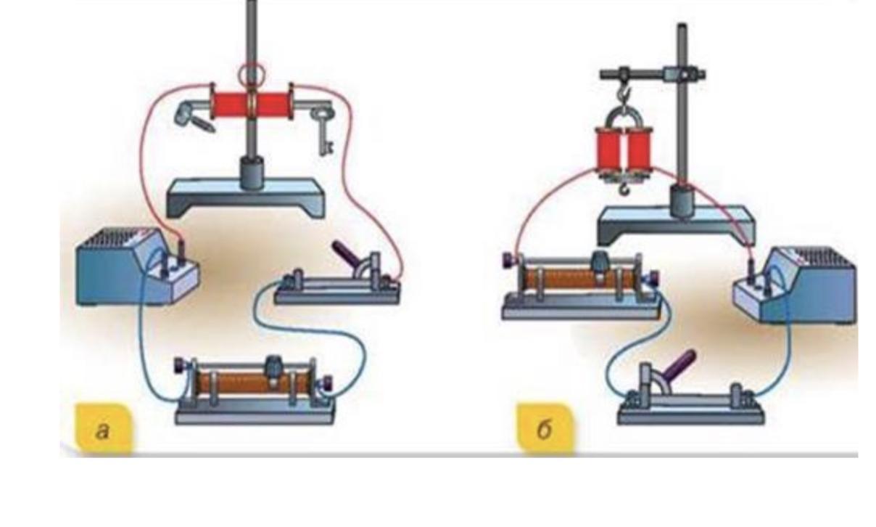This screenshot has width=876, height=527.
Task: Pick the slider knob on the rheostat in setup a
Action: pos(276,367)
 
